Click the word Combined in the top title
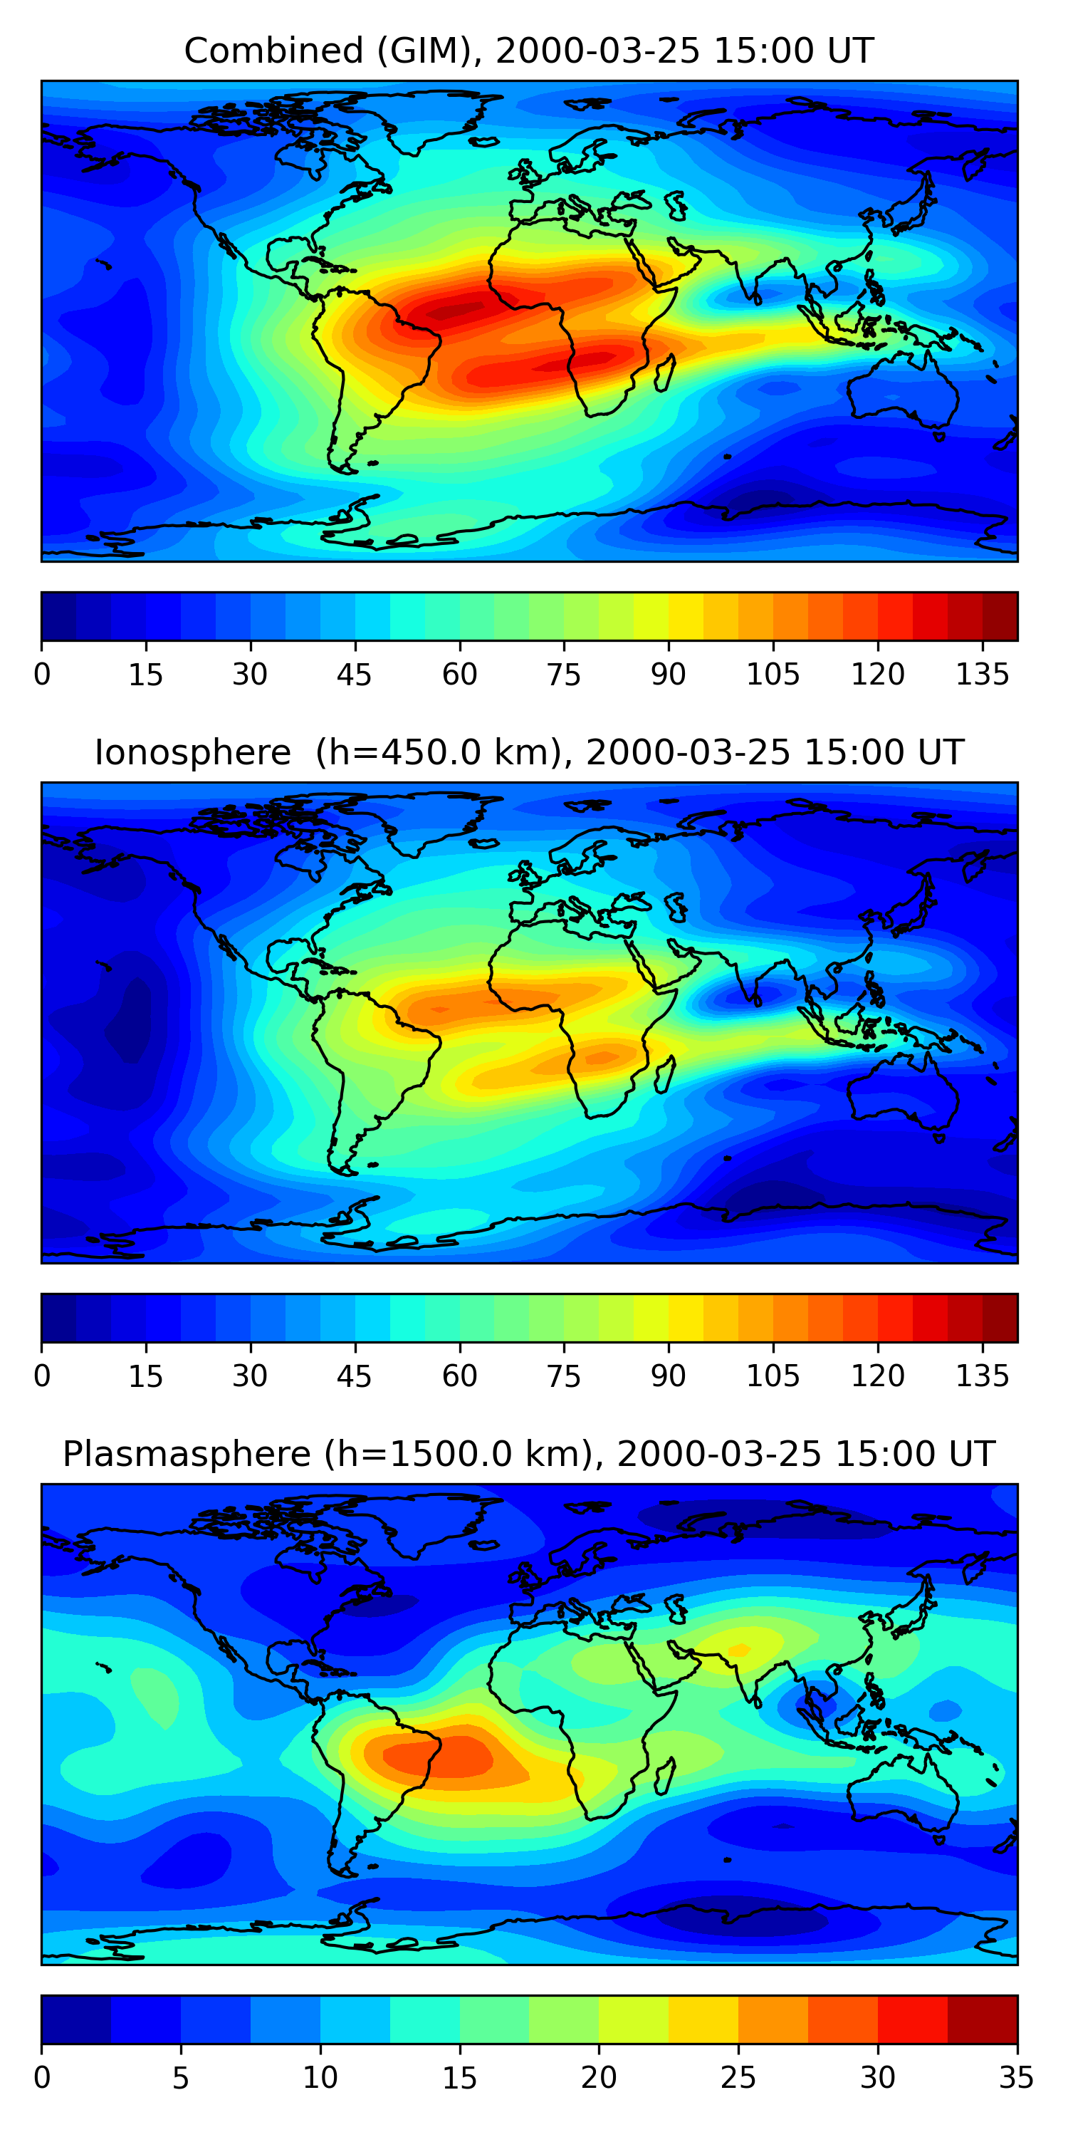pyautogui.click(x=273, y=51)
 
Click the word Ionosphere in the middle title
pyautogui.click(x=192, y=753)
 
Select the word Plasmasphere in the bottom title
pyautogui.click(x=187, y=1455)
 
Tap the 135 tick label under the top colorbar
pyautogui.click(x=983, y=675)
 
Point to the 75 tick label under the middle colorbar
pyautogui.click(x=564, y=1376)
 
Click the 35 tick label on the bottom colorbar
pyautogui.click(x=1017, y=2077)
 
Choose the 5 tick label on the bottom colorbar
pyautogui.click(x=181, y=2077)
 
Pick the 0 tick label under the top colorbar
pyautogui.click(x=42, y=675)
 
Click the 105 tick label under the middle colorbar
pyautogui.click(x=773, y=1376)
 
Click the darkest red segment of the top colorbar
pyautogui.click(x=1000, y=616)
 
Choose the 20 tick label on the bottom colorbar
pyautogui.click(x=599, y=2077)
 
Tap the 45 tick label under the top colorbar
pyautogui.click(x=355, y=675)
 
